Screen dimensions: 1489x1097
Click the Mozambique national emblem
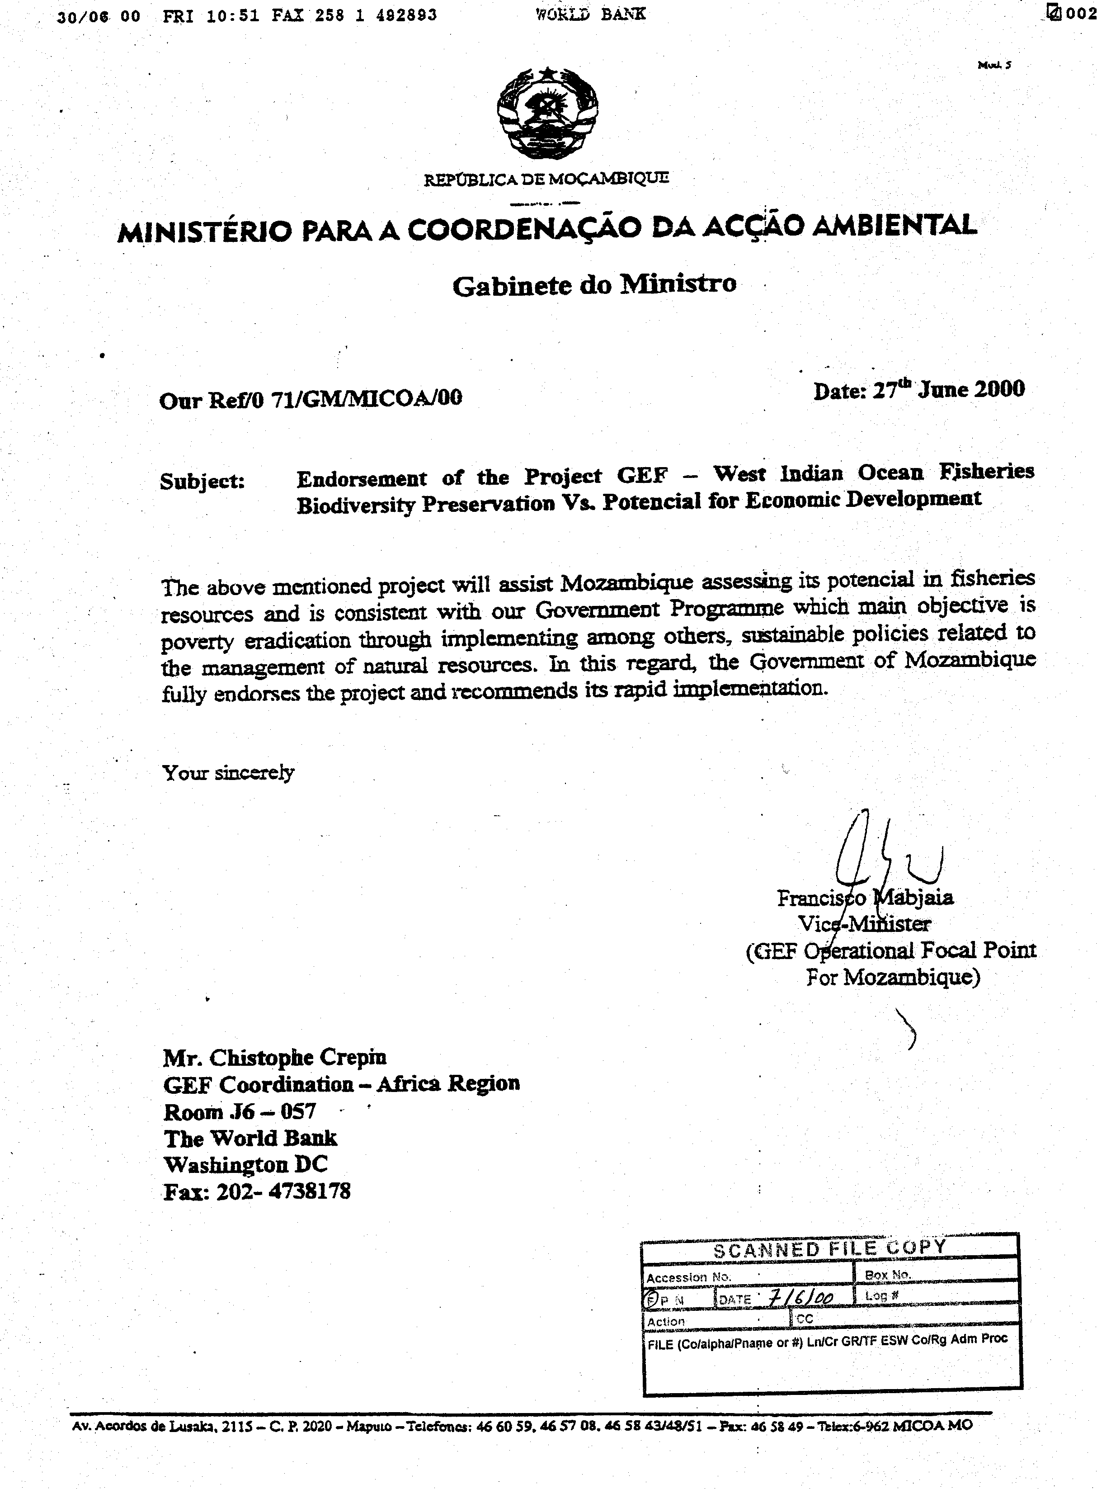(x=547, y=112)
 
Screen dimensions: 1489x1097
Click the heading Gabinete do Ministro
(x=594, y=285)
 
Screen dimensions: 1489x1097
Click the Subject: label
(x=202, y=481)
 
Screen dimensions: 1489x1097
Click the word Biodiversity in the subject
(x=355, y=506)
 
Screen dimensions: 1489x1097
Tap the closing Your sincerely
(x=228, y=772)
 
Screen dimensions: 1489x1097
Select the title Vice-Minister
(x=864, y=924)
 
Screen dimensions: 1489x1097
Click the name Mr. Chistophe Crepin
(x=275, y=1057)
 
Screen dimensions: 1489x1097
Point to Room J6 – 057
(x=240, y=1111)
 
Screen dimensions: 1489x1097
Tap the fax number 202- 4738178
(x=283, y=1191)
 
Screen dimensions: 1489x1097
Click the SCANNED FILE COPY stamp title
(x=829, y=1248)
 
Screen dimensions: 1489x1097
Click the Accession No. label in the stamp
(x=688, y=1276)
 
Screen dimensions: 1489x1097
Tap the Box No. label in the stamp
(x=888, y=1275)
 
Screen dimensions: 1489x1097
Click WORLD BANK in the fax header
(x=590, y=14)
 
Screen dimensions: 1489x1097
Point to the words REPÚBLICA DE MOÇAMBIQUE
(x=546, y=179)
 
